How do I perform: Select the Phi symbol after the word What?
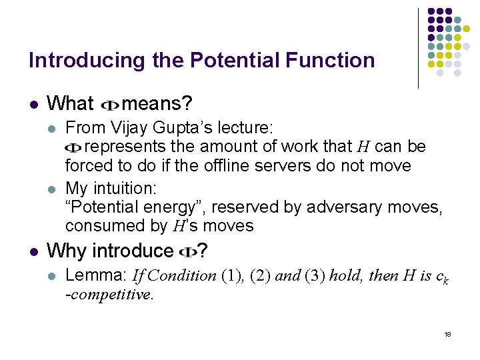[x=109, y=105]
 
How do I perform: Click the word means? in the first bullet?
[x=158, y=104]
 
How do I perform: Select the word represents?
[x=127, y=145]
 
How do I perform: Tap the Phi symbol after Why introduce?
[x=187, y=252]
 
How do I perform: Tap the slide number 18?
[x=447, y=333]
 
